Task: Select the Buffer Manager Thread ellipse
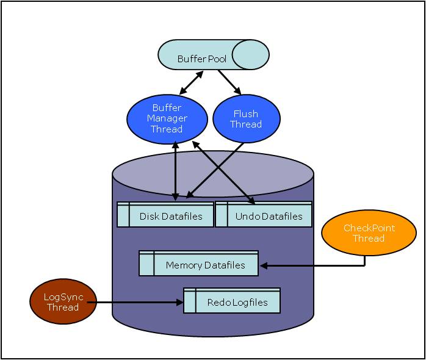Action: coord(167,118)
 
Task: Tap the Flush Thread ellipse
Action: coord(246,119)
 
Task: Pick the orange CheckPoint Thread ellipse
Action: coord(369,233)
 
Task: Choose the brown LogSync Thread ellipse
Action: coord(63,302)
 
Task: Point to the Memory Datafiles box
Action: coord(199,264)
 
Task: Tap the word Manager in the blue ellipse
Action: coord(167,118)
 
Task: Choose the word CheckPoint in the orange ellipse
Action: coord(369,228)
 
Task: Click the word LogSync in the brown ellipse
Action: coord(63,297)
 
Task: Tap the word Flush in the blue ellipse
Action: coord(246,113)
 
